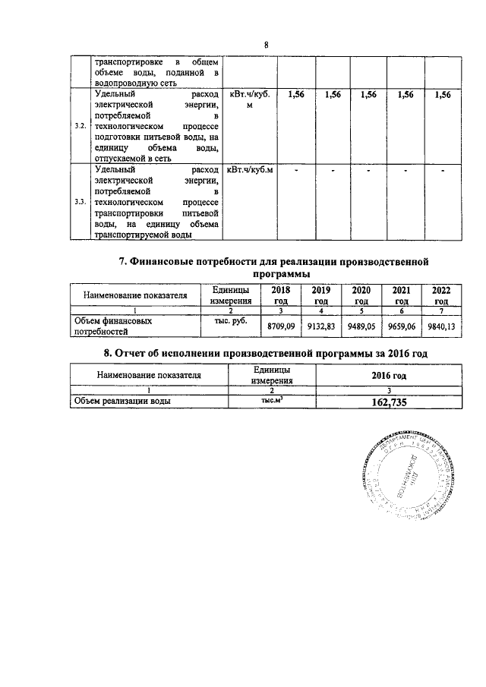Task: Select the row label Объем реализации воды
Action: pyautogui.click(x=121, y=401)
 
